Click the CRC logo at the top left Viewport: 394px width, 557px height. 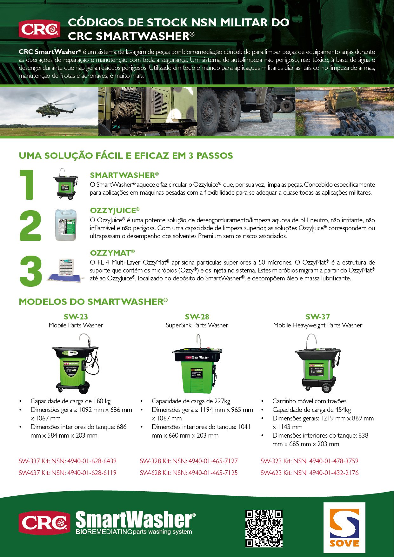39,29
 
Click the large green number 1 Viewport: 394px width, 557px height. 28,185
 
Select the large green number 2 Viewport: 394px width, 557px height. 30,225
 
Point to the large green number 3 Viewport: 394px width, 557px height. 30,271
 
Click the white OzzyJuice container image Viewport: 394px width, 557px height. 65,225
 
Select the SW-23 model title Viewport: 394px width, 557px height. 76,317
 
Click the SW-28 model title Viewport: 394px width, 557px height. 197,317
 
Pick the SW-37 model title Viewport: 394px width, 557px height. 317,317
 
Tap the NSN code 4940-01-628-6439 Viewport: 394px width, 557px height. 92,461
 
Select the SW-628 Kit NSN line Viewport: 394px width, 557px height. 189,473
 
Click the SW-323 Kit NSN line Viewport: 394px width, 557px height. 309,461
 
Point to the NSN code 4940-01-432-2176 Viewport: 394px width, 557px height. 334,473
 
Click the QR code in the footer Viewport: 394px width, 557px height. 264,528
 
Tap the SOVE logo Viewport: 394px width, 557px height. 344,527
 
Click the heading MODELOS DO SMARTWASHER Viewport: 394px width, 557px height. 93,302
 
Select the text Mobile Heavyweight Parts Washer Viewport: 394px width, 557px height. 317,325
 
